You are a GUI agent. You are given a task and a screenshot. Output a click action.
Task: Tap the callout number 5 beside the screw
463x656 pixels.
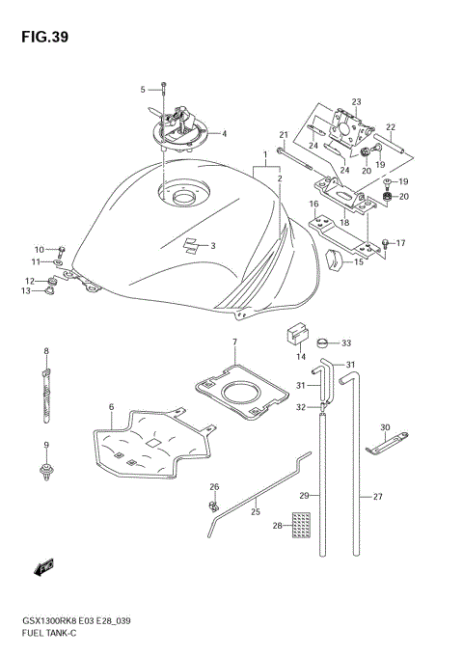tap(142, 90)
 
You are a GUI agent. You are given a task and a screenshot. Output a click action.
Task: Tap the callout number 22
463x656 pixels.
tap(391, 126)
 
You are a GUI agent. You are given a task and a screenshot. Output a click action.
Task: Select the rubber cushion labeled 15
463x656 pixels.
tap(337, 259)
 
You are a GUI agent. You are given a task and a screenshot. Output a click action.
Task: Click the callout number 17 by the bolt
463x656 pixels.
tap(400, 243)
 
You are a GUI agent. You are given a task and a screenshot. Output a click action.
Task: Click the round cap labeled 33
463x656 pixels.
tap(322, 342)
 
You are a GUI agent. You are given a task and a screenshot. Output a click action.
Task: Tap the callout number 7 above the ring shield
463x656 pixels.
tap(234, 342)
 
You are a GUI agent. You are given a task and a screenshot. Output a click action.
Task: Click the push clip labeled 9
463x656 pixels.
tap(45, 471)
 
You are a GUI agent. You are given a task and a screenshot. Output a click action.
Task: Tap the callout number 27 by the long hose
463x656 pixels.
tap(378, 498)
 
